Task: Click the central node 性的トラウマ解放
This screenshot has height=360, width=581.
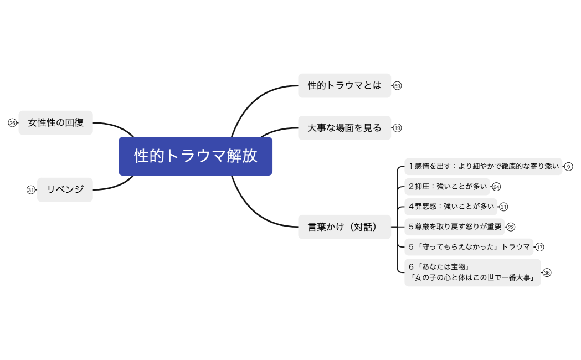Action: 196,156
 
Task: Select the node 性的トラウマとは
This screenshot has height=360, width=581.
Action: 345,86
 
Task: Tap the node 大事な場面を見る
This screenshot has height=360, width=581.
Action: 345,128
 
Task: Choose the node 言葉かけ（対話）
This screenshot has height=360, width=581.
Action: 345,227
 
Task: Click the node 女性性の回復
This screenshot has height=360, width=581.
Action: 56,122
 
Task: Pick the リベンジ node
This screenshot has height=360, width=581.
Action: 65,189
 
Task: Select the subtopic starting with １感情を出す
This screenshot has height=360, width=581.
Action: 483,166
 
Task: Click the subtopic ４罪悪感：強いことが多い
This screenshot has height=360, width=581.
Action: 451,207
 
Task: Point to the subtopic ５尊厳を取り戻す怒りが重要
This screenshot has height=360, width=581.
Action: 454,227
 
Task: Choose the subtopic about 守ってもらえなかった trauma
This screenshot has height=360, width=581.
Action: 469,247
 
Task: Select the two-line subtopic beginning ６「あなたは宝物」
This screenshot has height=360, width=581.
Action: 472,272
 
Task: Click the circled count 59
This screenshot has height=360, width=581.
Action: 397,86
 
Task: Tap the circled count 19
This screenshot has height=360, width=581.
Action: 397,128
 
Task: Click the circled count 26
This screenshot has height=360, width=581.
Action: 12,123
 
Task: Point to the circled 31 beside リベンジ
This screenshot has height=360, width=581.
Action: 30,190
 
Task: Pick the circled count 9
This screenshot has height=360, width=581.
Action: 568,167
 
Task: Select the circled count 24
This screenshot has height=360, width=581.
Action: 496,187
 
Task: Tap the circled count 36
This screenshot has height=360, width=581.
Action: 547,272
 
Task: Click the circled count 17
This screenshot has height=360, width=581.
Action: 539,247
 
